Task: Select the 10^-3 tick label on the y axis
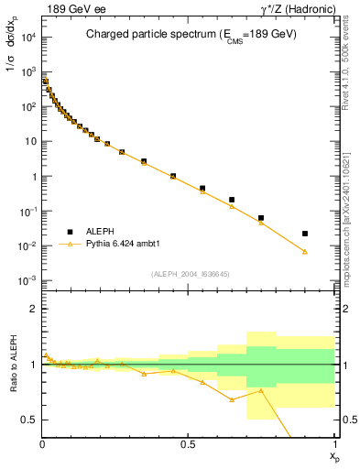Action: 27,280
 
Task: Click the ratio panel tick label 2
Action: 33,309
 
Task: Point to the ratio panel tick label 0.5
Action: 29,420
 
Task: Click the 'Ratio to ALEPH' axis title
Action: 12,365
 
